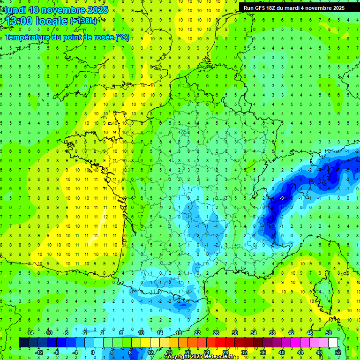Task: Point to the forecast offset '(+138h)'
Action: click(83, 21)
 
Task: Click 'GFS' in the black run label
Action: click(263, 8)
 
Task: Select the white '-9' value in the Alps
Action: click(281, 199)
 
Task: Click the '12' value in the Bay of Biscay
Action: click(106, 217)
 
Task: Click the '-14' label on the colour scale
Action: click(29, 333)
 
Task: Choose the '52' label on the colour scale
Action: click(338, 352)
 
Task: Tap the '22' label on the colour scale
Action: click(197, 333)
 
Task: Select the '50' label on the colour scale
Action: click(329, 333)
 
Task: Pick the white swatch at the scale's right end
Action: click(333, 343)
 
